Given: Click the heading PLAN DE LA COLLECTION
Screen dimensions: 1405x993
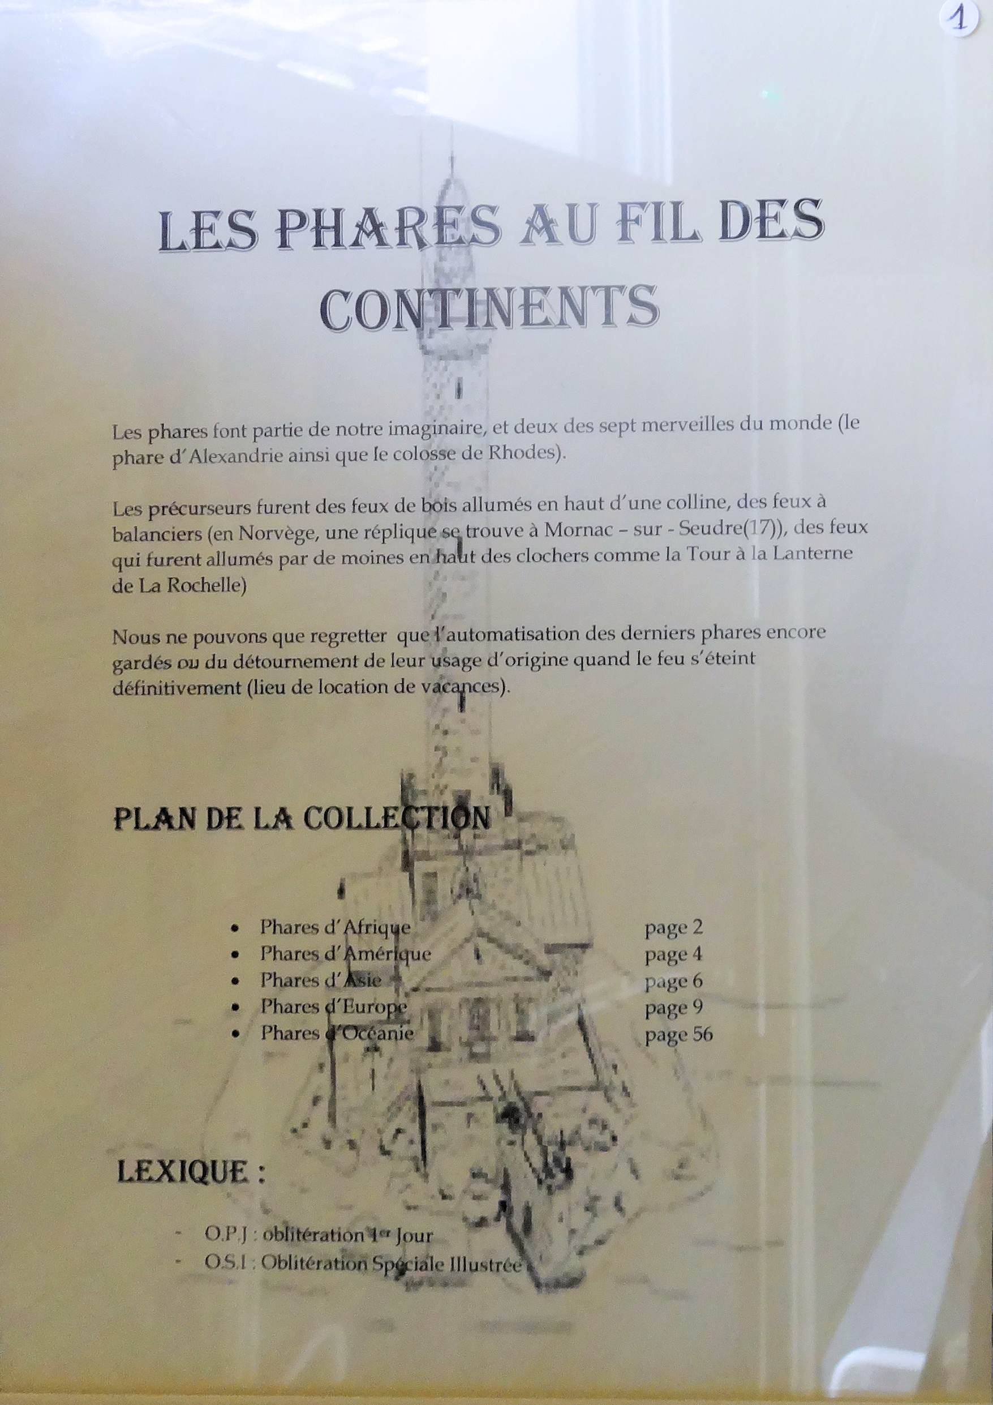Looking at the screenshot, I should point(302,819).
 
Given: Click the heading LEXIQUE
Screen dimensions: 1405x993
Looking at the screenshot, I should point(191,1171).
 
